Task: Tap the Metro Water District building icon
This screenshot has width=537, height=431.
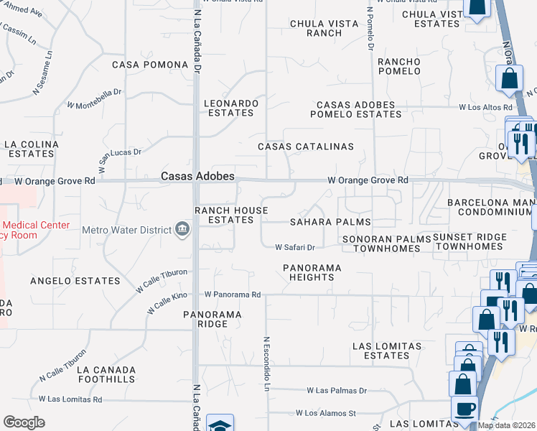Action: [182, 230]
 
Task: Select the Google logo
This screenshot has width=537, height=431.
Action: [24, 422]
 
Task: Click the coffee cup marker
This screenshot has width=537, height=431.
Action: [464, 409]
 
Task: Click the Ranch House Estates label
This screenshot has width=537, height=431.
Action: [231, 215]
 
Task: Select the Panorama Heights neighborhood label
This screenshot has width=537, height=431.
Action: [312, 272]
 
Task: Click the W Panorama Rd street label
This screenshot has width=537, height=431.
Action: [232, 295]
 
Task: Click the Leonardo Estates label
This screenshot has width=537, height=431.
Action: [230, 108]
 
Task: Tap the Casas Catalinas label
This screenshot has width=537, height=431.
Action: [306, 147]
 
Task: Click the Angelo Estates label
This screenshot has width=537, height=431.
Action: [75, 280]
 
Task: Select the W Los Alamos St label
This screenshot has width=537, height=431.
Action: [326, 414]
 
